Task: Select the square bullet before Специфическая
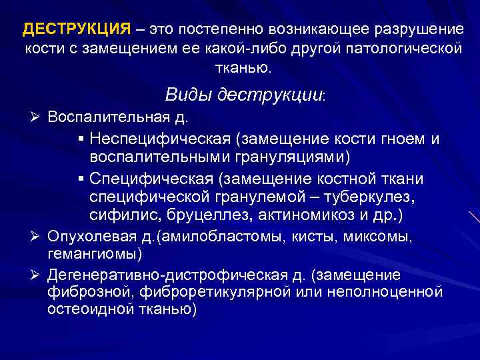pyautogui.click(x=81, y=179)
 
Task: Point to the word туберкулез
pyautogui.click(x=373, y=198)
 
